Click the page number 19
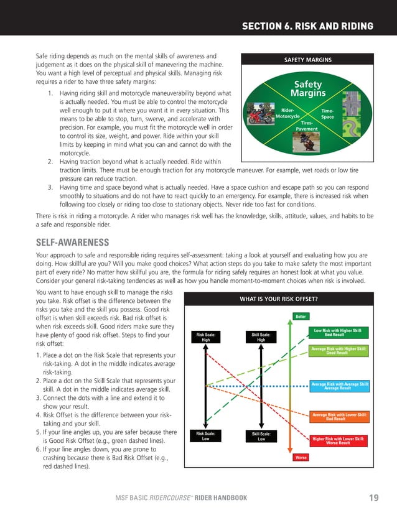point(373,498)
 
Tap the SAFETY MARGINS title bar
point(308,60)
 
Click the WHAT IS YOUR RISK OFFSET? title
point(279,299)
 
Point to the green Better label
point(301,317)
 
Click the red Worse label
point(300,457)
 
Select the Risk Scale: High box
point(206,337)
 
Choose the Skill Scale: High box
point(261,337)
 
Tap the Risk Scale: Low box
point(206,436)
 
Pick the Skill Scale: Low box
point(261,436)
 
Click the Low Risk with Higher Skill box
point(338,333)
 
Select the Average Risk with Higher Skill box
point(338,351)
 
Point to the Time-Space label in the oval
point(327,113)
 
